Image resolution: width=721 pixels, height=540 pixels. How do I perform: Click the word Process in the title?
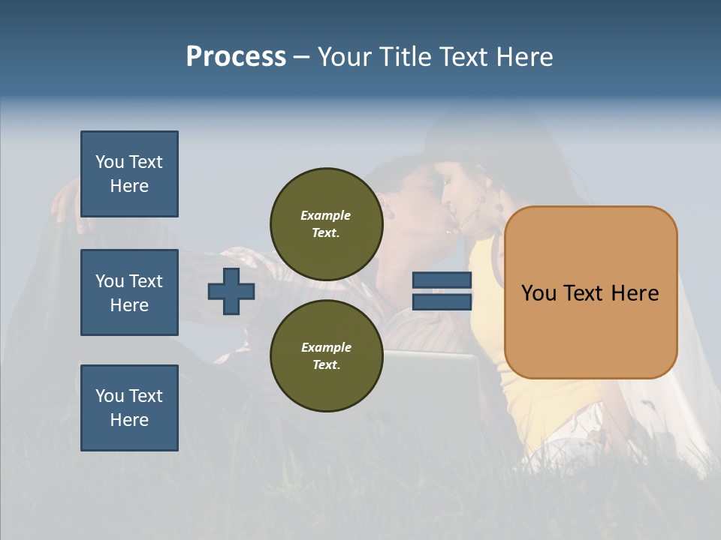(x=236, y=57)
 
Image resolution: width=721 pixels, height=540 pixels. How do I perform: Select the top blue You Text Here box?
(x=129, y=174)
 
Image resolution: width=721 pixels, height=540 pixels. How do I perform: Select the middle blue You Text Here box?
(x=129, y=292)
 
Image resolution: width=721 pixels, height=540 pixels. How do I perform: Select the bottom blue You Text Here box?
(x=129, y=408)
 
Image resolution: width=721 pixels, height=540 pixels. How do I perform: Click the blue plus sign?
(x=231, y=291)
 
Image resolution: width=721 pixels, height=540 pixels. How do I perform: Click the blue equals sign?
(x=442, y=291)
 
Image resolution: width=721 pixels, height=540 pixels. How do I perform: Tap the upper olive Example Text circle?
(x=326, y=223)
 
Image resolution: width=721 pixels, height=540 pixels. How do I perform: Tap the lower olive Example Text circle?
(x=326, y=355)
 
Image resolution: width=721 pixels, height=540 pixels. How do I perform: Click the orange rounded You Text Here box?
(x=590, y=292)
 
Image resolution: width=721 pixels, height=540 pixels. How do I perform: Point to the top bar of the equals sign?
(x=442, y=280)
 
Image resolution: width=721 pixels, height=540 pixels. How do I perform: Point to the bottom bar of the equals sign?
(x=442, y=301)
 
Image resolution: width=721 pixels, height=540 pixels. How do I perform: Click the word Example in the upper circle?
(x=326, y=215)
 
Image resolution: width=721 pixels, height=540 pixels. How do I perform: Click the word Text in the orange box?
(x=589, y=293)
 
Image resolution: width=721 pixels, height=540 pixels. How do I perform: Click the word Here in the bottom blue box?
(x=129, y=420)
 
